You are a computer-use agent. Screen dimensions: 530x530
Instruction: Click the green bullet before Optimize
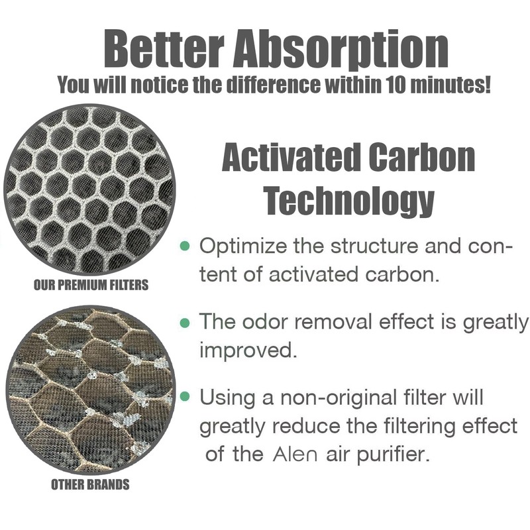click(185, 246)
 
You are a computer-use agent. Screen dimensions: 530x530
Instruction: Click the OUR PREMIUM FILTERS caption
click(91, 286)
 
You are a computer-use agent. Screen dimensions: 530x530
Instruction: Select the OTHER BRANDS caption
click(90, 485)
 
